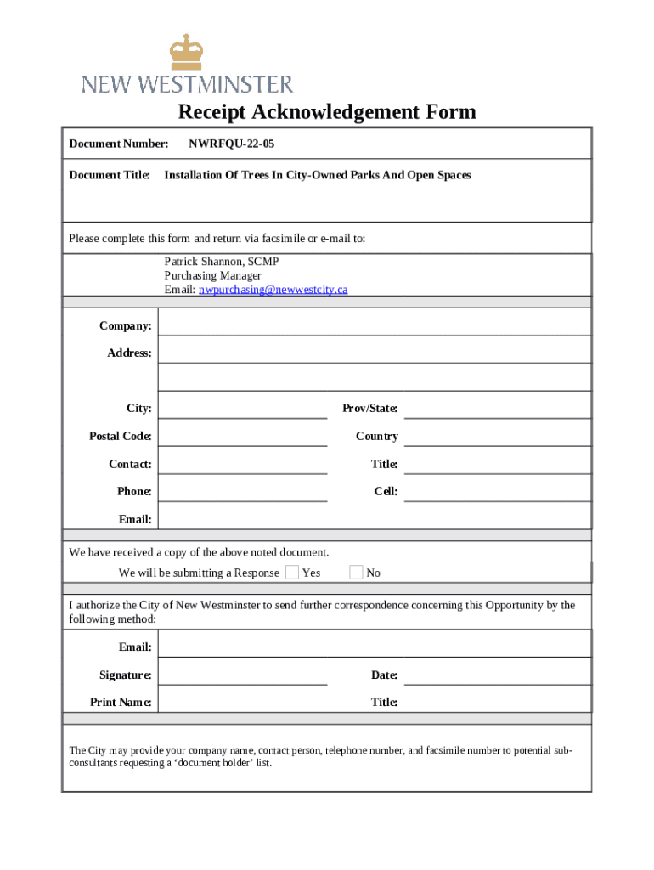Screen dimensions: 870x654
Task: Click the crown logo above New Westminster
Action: [x=187, y=53]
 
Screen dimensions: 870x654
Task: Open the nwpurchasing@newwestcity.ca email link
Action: [x=273, y=290]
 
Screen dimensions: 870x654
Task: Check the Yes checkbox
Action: [x=292, y=572]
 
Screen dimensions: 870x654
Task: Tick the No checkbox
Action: [x=357, y=572]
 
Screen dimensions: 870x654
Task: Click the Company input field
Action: [x=374, y=324]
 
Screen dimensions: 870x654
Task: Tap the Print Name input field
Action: [x=243, y=701]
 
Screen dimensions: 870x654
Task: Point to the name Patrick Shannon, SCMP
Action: [x=221, y=262]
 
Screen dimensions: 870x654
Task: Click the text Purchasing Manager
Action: [x=212, y=275]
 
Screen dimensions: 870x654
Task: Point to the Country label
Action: [x=376, y=436]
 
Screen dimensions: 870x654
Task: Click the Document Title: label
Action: [x=110, y=175]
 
